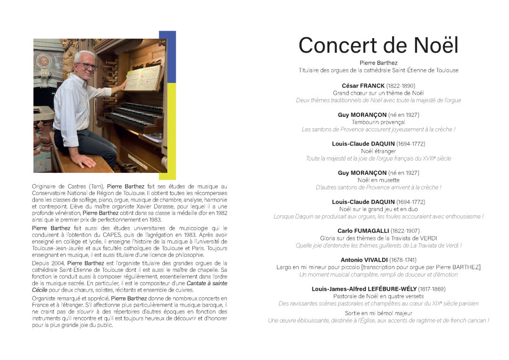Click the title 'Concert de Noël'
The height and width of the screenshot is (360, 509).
378,46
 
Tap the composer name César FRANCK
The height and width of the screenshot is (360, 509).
363,86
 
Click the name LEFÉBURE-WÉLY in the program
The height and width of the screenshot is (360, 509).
364,289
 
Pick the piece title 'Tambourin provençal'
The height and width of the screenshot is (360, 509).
378,122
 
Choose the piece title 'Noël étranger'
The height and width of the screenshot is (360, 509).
378,151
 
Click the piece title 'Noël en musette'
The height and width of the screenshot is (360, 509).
378,180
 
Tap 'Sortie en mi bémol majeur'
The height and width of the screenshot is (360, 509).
378,313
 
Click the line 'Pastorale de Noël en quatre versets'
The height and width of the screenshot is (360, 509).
378,296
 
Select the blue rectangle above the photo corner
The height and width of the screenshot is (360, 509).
168,57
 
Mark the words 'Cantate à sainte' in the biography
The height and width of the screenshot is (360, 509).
207,284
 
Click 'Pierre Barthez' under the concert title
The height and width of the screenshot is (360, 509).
378,63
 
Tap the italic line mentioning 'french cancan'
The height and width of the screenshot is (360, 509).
378,320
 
